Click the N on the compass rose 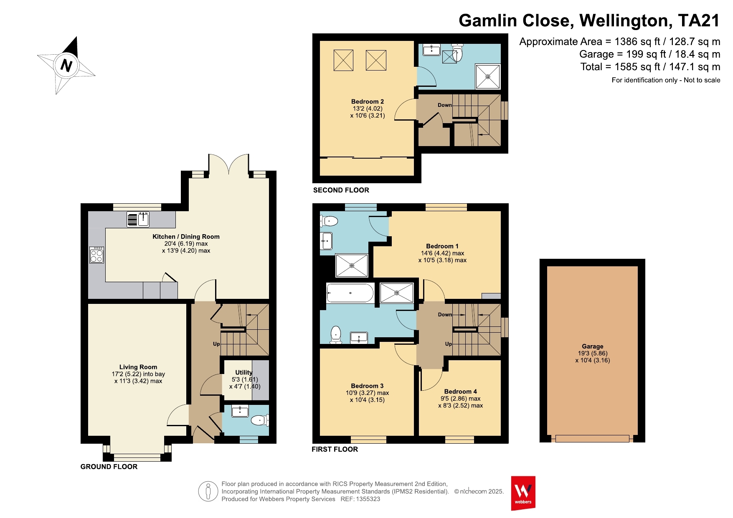[66, 66]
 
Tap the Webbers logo [523, 493]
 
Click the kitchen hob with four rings [96, 255]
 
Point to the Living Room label [138, 367]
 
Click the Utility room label [244, 372]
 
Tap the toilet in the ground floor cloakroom [260, 420]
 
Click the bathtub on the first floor [350, 293]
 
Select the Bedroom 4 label [460, 392]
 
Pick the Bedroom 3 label [367, 386]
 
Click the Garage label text [592, 346]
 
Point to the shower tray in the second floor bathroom [488, 76]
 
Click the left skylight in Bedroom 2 [343, 60]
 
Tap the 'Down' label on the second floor [445, 105]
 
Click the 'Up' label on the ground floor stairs [216, 344]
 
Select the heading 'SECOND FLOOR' [341, 190]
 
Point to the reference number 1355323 [368, 499]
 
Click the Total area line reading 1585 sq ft [650, 67]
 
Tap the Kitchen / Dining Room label [186, 237]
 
